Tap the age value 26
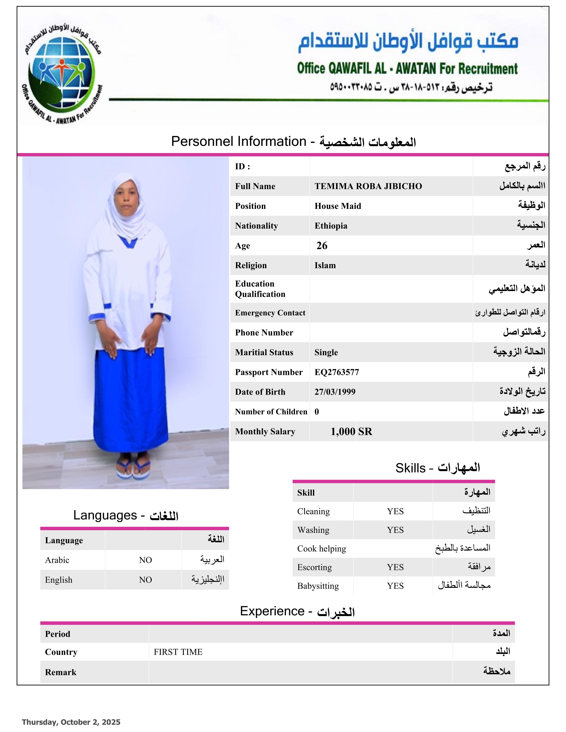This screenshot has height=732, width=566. [322, 246]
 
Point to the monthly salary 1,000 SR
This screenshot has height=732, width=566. [351, 431]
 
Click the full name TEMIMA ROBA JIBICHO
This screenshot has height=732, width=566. [368, 186]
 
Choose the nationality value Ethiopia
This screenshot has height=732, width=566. [331, 226]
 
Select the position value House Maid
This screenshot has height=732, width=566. [337, 206]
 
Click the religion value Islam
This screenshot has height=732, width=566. [325, 266]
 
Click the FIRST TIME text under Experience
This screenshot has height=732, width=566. [178, 652]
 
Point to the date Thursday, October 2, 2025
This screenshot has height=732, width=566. [71, 722]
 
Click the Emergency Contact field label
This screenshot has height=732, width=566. [270, 313]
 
